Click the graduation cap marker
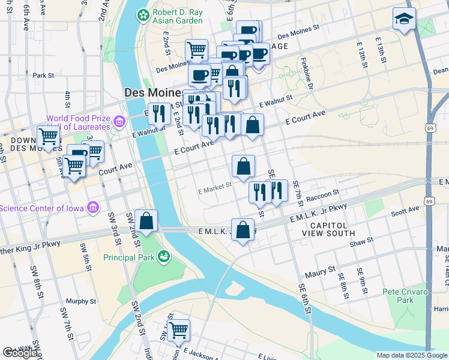(404, 19)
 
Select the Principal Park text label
(129, 257)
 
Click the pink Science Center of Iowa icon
(93, 208)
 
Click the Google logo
(21, 353)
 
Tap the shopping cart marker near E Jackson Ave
(178, 330)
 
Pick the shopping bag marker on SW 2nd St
(146, 221)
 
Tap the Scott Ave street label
(405, 211)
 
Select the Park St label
(44, 76)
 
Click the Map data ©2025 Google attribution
(412, 355)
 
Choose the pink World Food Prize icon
(119, 122)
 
